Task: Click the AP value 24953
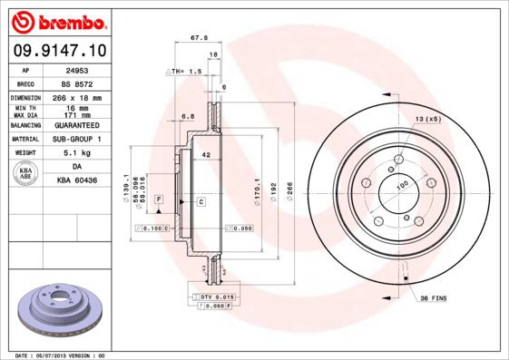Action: coord(77,69)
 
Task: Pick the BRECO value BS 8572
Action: coord(77,83)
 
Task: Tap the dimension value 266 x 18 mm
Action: coord(77,97)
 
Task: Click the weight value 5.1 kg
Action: coord(77,154)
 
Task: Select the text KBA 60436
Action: coord(77,181)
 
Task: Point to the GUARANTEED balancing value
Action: coord(77,125)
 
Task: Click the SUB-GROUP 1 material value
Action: coord(77,140)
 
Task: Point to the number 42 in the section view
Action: coord(206,156)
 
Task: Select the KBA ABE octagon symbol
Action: coord(26,174)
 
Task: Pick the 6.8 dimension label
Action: coord(187,116)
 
